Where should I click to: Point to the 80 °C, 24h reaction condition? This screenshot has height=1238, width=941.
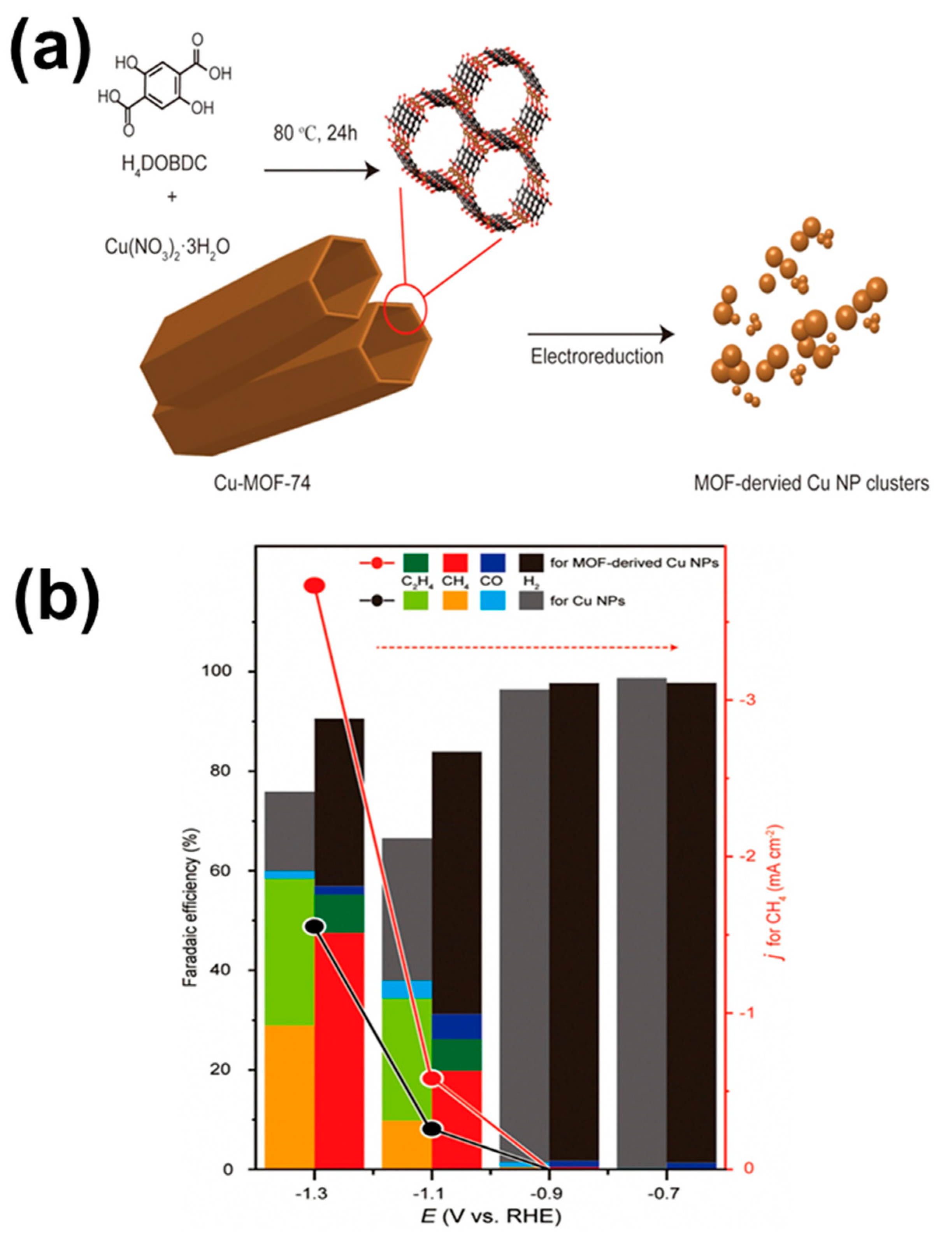coord(315,134)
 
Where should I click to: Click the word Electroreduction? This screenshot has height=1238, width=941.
coord(597,357)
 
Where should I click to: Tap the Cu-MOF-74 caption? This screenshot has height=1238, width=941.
coord(263,483)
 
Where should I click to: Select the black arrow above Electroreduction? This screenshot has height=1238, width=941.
coord(600,335)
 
